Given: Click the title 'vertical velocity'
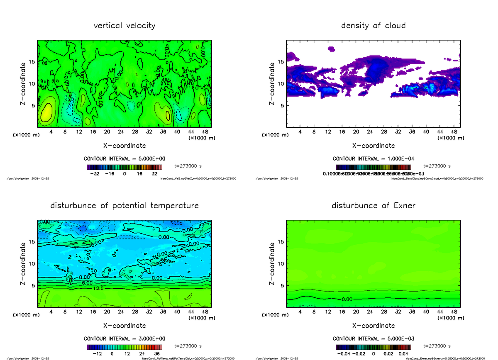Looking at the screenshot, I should (124, 26).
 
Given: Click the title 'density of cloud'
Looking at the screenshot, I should (373, 26).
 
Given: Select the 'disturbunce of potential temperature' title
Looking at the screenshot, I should (124, 206).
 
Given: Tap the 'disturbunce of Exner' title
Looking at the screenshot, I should (373, 206).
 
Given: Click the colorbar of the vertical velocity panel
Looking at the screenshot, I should (124, 167).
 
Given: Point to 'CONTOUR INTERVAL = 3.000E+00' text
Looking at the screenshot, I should (124, 338).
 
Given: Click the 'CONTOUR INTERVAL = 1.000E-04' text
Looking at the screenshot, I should (373, 158).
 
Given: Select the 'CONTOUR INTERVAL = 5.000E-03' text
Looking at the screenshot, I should (373, 338).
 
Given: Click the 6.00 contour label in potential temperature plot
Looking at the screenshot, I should (87, 282).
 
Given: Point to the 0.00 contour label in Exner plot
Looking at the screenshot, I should (348, 299).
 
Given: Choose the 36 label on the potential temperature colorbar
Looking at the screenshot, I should (157, 354).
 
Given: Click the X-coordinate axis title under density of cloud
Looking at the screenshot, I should (373, 146).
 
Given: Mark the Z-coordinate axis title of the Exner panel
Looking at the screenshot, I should (272, 263).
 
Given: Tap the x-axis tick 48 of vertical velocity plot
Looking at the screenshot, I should (205, 132).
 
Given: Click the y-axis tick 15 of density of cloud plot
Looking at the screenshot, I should (281, 62).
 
